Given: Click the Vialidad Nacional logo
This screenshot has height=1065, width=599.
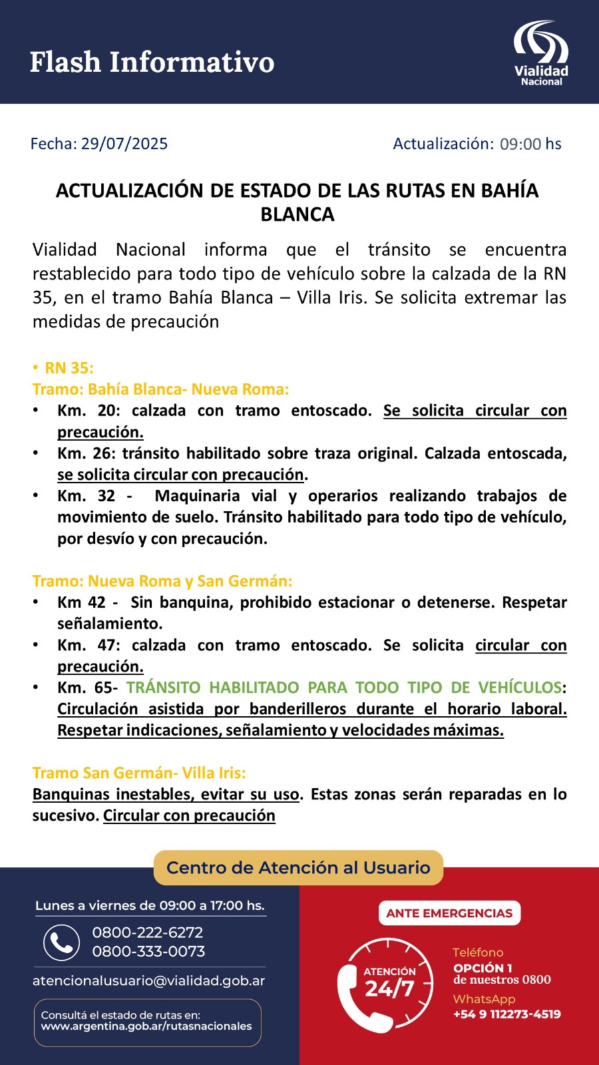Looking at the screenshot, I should point(540,53).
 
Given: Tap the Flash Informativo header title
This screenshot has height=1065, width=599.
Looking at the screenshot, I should point(152,62).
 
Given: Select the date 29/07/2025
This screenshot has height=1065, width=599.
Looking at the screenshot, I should point(124,144).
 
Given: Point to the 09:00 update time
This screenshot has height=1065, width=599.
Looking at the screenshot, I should point(520,144).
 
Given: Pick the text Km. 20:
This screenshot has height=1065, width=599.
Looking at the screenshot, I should point(89,411).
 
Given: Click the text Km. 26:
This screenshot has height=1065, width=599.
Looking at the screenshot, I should point(89,453).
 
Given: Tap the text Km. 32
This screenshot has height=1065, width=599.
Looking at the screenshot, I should point(87,496).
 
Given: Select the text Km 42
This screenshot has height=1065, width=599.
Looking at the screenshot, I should point(81,602).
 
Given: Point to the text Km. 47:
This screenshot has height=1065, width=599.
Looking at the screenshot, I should point(89,645).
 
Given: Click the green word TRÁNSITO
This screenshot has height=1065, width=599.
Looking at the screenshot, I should point(163,688).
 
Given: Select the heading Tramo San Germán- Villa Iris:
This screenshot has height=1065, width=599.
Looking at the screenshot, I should point(139,773).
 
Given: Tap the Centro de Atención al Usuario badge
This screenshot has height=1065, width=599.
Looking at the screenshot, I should point(298,867).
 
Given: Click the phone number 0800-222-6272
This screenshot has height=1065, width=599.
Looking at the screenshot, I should point(148,933).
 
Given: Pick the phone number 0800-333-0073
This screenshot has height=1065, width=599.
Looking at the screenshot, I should point(148,951).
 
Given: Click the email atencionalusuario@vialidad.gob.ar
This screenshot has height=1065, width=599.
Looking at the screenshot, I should point(149,980).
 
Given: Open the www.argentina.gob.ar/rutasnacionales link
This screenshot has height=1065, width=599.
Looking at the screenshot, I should point(146,1026).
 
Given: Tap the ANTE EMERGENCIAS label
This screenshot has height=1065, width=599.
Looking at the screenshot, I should point(449,913).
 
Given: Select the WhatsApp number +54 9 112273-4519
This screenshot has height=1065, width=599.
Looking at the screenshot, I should point(507,1014).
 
